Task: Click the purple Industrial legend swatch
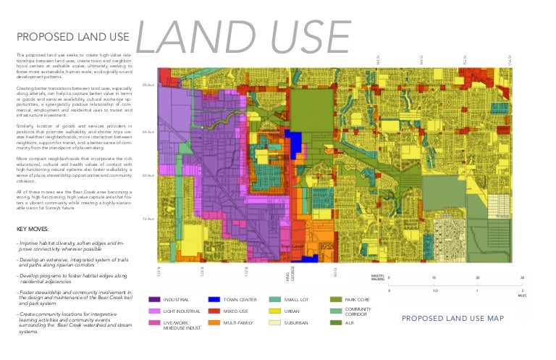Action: point(154,299)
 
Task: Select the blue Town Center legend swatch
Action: point(214,299)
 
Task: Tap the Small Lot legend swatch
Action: point(274,299)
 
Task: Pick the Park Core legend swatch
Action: point(335,299)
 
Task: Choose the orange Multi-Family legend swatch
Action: point(214,322)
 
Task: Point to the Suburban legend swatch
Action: point(274,322)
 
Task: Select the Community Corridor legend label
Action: point(358,311)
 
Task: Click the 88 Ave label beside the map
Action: point(148,85)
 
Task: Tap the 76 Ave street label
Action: point(148,219)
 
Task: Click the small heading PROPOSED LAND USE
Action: point(72,36)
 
